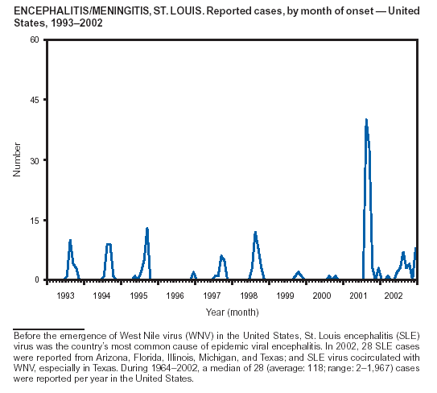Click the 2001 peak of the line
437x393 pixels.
click(x=366, y=120)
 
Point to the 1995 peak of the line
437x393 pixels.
click(x=147, y=228)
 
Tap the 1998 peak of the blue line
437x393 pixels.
click(x=255, y=232)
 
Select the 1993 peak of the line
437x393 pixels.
click(x=70, y=240)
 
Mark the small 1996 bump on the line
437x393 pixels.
click(x=194, y=272)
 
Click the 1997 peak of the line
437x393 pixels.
click(x=221, y=255)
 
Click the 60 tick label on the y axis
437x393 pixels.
click(x=35, y=40)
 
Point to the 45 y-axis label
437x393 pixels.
click(x=35, y=100)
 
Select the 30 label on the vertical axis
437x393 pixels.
click(x=35, y=160)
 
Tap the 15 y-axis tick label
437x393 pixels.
click(x=35, y=221)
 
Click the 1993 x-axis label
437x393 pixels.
click(x=65, y=296)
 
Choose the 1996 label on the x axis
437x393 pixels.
click(x=175, y=296)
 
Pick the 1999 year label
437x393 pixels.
click(x=285, y=296)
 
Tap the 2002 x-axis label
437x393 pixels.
click(x=394, y=296)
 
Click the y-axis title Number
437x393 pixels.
click(x=17, y=159)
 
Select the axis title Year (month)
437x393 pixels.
click(x=232, y=312)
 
